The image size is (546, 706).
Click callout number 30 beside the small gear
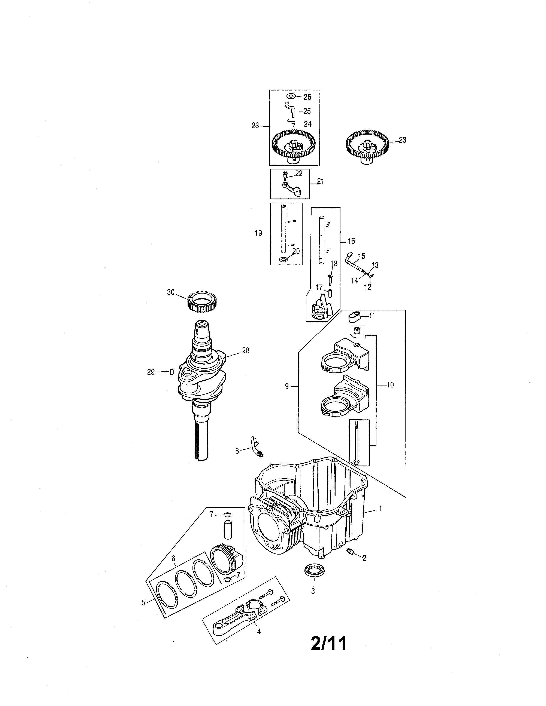pyautogui.click(x=171, y=292)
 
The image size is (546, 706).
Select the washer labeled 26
pyautogui.click(x=291, y=96)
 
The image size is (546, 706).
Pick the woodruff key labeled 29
pyautogui.click(x=172, y=372)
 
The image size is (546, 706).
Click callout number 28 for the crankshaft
pyautogui.click(x=246, y=350)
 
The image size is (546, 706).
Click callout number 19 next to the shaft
pyautogui.click(x=258, y=233)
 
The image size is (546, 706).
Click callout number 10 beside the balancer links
pyautogui.click(x=390, y=385)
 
